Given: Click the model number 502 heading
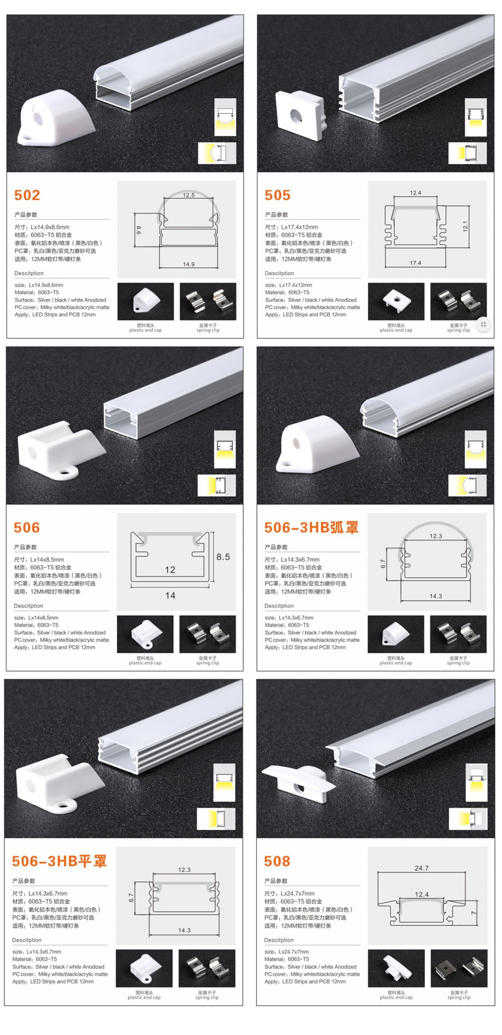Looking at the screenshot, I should (x=27, y=195).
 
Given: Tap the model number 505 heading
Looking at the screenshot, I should (x=277, y=195).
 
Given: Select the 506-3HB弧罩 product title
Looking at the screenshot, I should (x=311, y=528).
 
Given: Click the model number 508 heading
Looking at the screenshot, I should (x=277, y=861).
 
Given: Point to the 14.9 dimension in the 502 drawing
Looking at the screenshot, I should (x=189, y=264).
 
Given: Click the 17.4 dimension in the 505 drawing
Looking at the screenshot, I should (x=415, y=263).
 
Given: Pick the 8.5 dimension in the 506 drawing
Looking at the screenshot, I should (x=223, y=557).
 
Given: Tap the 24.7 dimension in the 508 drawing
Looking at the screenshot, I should (x=422, y=868).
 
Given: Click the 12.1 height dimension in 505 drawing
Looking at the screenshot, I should (x=465, y=226).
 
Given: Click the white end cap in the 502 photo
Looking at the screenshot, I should (x=53, y=119).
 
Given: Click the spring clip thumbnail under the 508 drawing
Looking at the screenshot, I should (x=459, y=968).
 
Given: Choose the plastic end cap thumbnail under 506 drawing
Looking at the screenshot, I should (x=145, y=633).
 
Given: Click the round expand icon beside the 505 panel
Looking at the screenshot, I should (x=483, y=324).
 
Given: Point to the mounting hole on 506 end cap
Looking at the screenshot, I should (x=67, y=470).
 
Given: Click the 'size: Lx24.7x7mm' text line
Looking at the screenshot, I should (x=286, y=951).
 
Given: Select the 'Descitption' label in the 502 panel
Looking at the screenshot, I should (x=29, y=273).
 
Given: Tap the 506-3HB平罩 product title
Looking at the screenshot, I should (x=59, y=861).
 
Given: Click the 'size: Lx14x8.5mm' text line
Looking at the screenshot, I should (x=36, y=617).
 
